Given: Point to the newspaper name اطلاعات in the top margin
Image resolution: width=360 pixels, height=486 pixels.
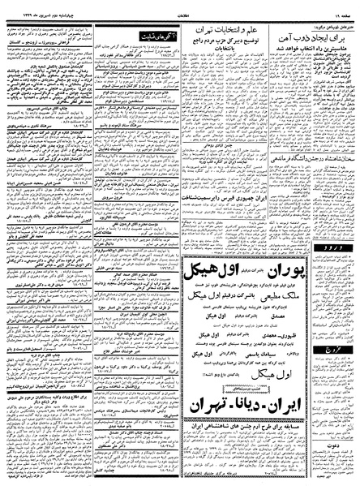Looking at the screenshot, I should tap(181, 6).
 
